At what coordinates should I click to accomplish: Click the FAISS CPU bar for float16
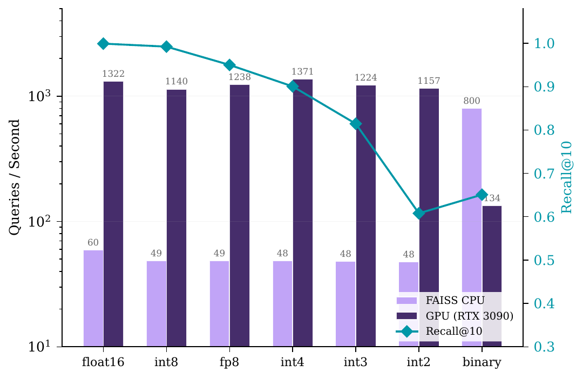(x=93, y=298)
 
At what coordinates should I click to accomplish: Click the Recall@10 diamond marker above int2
(x=419, y=214)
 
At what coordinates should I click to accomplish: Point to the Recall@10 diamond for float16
(x=103, y=44)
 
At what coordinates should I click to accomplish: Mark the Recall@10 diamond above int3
(x=356, y=124)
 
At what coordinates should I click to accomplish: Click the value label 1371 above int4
(x=302, y=72)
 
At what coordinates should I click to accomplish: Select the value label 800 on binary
(x=471, y=101)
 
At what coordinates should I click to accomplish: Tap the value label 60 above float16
(x=93, y=243)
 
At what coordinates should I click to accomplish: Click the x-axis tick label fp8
(x=229, y=362)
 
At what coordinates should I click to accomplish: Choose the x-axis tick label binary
(x=482, y=362)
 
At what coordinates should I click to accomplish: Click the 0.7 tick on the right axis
(x=544, y=174)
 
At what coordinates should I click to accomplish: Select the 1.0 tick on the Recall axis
(x=544, y=44)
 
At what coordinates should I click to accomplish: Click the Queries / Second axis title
(x=15, y=177)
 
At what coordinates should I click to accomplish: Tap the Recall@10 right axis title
(x=567, y=177)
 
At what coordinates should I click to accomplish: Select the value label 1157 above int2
(x=429, y=81)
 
